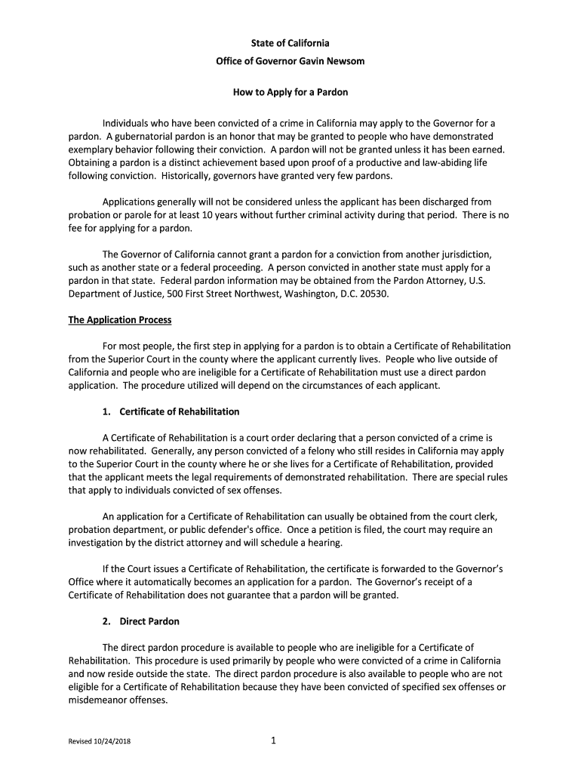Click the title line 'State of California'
290,43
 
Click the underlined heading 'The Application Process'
120,320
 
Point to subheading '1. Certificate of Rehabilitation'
170,411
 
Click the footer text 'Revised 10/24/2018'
97,742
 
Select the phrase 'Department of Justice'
113,294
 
